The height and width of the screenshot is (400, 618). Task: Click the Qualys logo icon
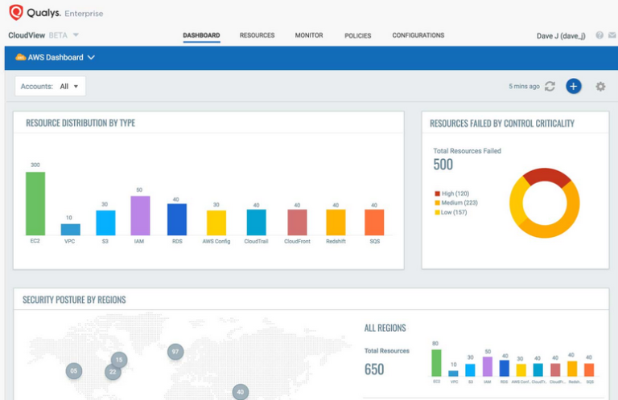pyautogui.click(x=15, y=13)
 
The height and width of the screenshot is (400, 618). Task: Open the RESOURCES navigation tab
pyautogui.click(x=257, y=35)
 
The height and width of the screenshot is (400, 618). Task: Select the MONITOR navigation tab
pyautogui.click(x=309, y=35)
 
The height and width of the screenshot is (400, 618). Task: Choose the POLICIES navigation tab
pyautogui.click(x=357, y=35)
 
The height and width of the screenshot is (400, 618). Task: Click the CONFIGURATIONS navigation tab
pyautogui.click(x=418, y=35)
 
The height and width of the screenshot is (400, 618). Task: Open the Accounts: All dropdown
pyautogui.click(x=51, y=86)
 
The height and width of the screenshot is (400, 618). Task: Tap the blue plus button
pyautogui.click(x=573, y=86)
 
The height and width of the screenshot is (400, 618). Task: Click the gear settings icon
pyautogui.click(x=600, y=86)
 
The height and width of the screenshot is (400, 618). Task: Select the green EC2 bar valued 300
pyautogui.click(x=35, y=203)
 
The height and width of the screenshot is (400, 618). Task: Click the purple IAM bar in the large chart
pyautogui.click(x=140, y=215)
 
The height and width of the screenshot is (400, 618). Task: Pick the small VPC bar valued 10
pyautogui.click(x=71, y=229)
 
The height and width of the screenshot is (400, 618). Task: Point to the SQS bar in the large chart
pyautogui.click(x=374, y=222)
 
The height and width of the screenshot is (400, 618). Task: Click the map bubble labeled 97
pyautogui.click(x=175, y=352)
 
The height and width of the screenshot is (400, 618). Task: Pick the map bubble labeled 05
pyautogui.click(x=74, y=370)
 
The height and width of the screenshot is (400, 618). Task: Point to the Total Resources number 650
pyautogui.click(x=374, y=369)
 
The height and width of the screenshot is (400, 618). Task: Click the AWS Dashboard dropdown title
pyautogui.click(x=56, y=58)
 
